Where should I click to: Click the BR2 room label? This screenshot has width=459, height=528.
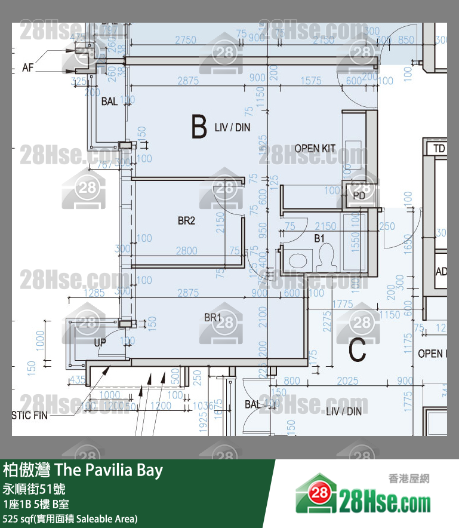pyautogui.click(x=186, y=221)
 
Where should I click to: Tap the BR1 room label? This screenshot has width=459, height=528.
pyautogui.click(x=212, y=318)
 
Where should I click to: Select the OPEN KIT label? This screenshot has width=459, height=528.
pyautogui.click(x=315, y=148)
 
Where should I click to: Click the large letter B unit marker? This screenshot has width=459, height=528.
pyautogui.click(x=199, y=126)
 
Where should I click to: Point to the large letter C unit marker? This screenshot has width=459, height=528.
pyautogui.click(x=357, y=352)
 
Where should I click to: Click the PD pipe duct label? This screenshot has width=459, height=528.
pyautogui.click(x=359, y=195)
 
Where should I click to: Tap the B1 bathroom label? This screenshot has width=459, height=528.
pyautogui.click(x=320, y=238)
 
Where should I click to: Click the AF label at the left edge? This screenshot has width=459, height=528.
pyautogui.click(x=28, y=67)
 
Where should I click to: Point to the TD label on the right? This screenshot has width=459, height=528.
pyautogui.click(x=439, y=149)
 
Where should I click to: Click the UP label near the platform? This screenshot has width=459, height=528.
pyautogui.click(x=100, y=343)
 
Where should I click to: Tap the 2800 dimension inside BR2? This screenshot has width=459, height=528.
pyautogui.click(x=186, y=251)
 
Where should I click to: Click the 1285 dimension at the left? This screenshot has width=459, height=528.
pyautogui.click(x=94, y=293)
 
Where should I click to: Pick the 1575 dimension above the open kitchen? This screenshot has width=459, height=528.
pyautogui.click(x=311, y=81)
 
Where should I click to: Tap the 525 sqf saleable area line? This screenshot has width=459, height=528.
pyautogui.click(x=70, y=518)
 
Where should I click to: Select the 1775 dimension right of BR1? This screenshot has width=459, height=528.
pyautogui.click(x=342, y=304)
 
